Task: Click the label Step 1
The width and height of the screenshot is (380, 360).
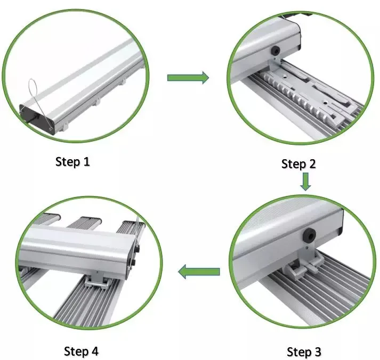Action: pyautogui.click(x=72, y=161)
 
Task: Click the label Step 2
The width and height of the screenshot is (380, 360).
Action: pyautogui.click(x=298, y=164)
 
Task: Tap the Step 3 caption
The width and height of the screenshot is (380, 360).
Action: pyautogui.click(x=304, y=351)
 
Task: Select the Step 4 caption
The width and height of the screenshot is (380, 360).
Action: pyautogui.click(x=81, y=351)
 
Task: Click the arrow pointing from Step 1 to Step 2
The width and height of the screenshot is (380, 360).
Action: pyautogui.click(x=188, y=78)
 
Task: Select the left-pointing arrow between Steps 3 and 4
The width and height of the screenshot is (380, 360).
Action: pyautogui.click(x=199, y=272)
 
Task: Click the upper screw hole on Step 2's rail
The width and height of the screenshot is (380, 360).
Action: pyautogui.click(x=286, y=77)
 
